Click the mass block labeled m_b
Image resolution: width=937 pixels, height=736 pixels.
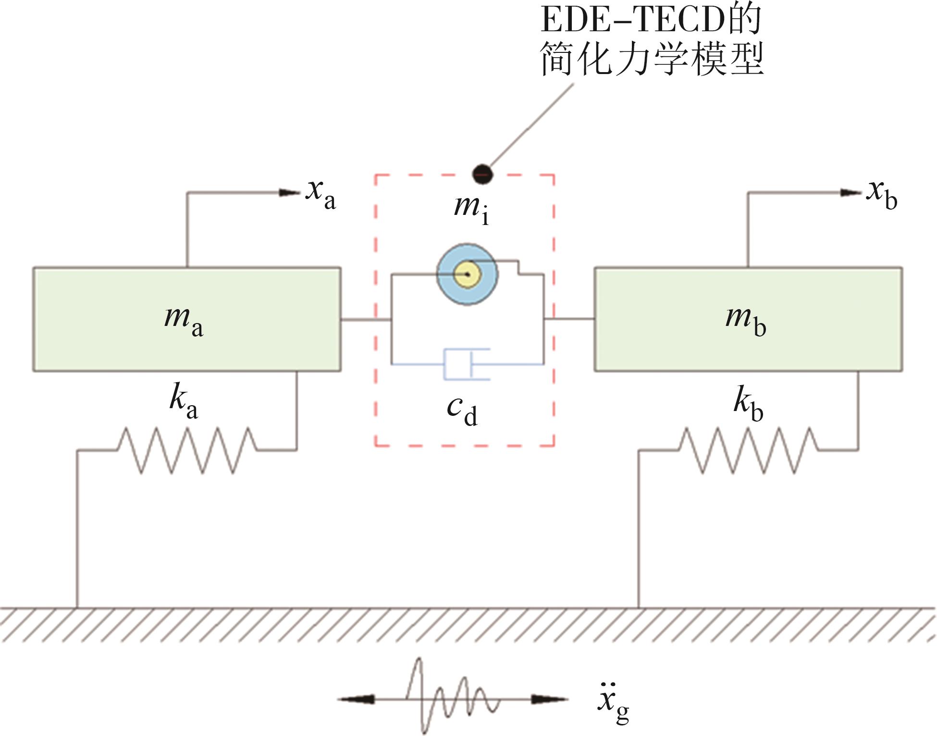click(748, 319)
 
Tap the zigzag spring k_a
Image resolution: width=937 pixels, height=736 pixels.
click(187, 450)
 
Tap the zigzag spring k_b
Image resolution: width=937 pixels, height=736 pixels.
click(749, 450)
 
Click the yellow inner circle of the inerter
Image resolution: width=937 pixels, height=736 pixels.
click(468, 274)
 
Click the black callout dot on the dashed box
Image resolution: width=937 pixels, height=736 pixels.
click(482, 174)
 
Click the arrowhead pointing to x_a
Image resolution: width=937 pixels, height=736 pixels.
click(290, 193)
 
